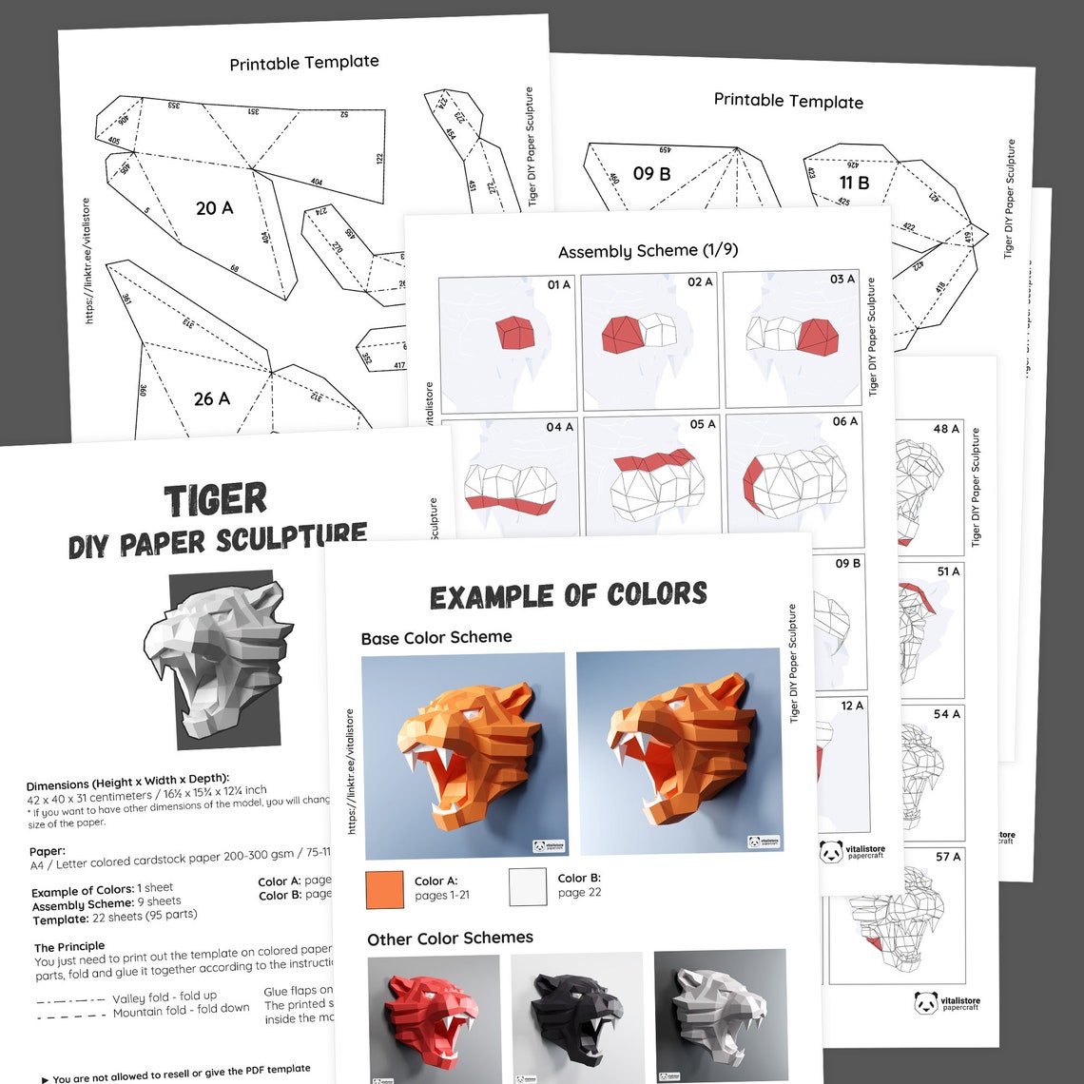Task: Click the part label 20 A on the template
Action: [x=214, y=207]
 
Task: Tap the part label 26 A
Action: [x=211, y=398]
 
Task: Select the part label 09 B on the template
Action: [x=651, y=174]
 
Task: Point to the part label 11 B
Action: [x=853, y=183]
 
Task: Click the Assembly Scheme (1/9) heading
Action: [x=648, y=251]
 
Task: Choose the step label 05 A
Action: [x=703, y=424]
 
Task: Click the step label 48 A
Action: [x=945, y=429]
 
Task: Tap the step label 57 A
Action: [x=947, y=857]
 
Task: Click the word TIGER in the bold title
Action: [x=216, y=500]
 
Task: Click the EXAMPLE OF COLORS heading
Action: [x=568, y=596]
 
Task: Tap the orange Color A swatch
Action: [x=384, y=890]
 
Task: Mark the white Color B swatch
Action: [x=528, y=886]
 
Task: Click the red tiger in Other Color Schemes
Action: [x=433, y=1013]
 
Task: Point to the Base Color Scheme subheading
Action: [x=436, y=637]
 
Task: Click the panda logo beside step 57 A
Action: [x=926, y=1002]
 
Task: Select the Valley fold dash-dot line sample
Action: [x=70, y=1000]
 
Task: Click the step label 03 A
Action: [x=842, y=280]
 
